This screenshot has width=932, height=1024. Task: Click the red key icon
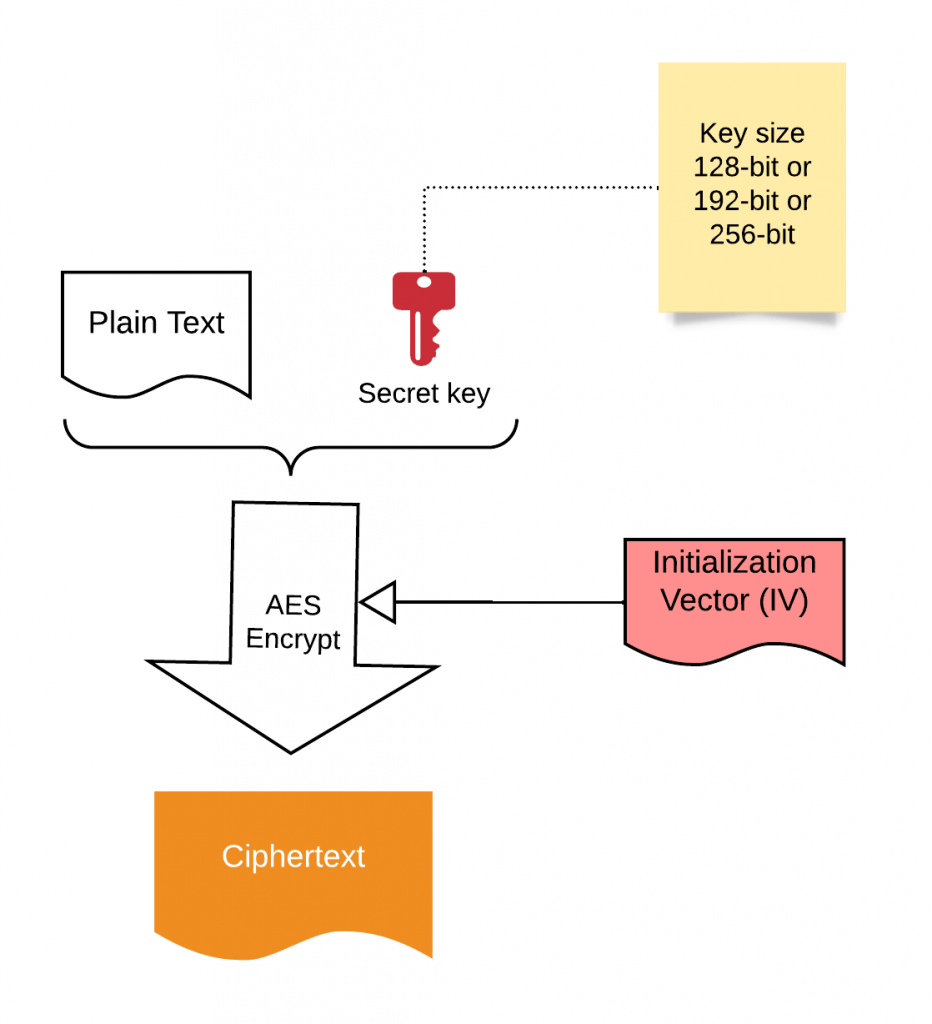(423, 316)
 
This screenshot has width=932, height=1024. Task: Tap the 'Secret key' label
(424, 393)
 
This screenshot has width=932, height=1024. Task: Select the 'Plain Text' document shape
(156, 330)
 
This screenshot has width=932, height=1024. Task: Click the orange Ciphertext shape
(293, 870)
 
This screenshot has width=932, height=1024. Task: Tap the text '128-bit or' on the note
(752, 167)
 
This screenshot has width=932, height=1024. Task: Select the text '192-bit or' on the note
(752, 201)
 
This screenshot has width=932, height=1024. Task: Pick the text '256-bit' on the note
(752, 235)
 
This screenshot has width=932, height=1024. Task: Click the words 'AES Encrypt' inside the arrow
(293, 622)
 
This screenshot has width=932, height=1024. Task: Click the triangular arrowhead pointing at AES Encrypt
(378, 602)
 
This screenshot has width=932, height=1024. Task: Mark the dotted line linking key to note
(540, 187)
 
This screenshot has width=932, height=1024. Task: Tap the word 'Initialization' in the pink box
(734, 562)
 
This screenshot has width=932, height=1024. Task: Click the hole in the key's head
(424, 282)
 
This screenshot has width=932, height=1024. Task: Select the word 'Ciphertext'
(293, 857)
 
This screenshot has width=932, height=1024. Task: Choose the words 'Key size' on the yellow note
(752, 133)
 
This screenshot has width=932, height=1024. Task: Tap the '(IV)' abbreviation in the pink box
(783, 603)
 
